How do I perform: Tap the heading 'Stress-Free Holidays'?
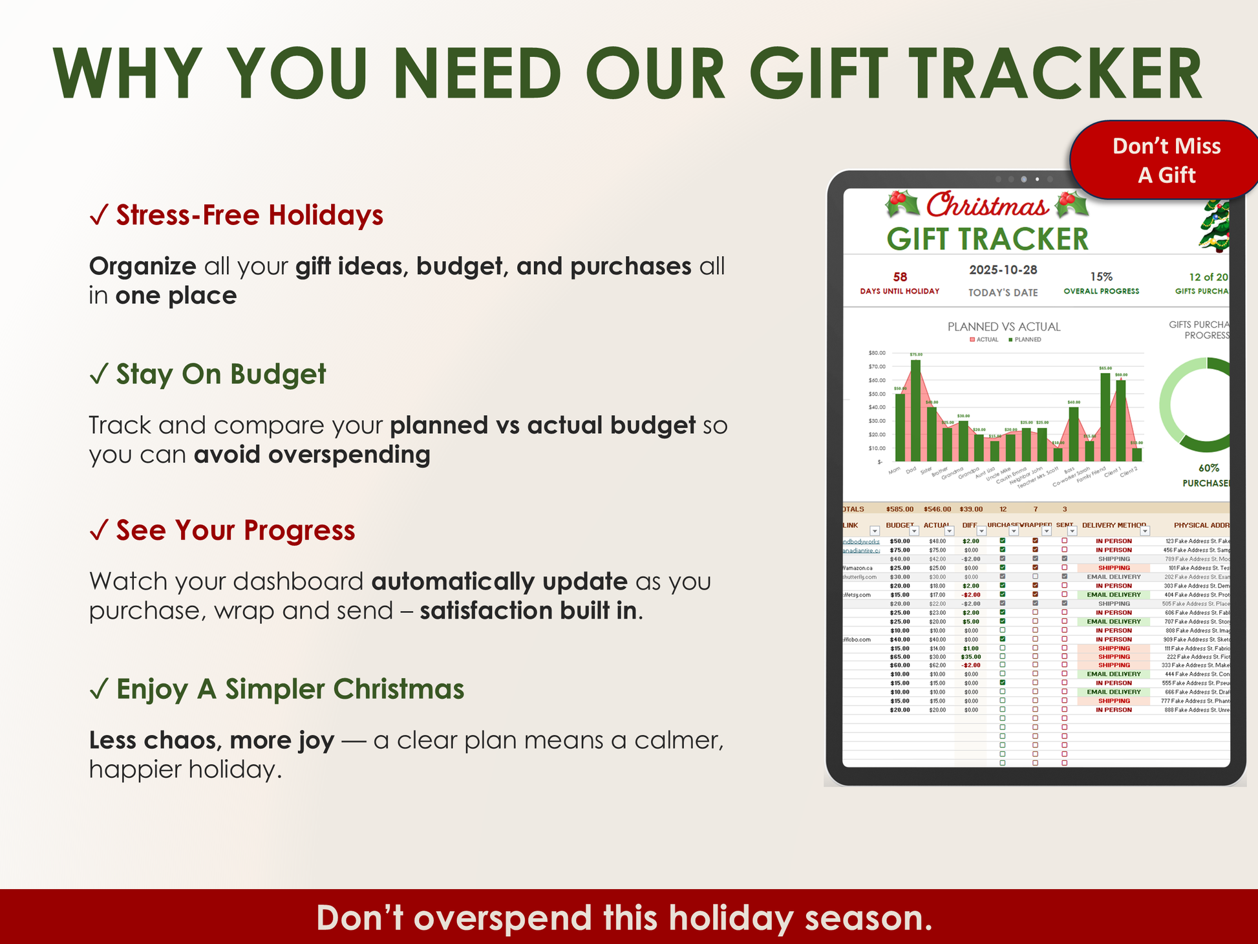click(250, 215)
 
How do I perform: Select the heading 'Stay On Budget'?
click(221, 374)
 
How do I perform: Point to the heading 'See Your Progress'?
click(235, 530)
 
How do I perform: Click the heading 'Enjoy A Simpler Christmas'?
click(290, 689)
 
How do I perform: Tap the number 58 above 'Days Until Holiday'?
click(900, 277)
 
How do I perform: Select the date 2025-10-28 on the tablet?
click(1003, 270)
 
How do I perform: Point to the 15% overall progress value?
click(1101, 277)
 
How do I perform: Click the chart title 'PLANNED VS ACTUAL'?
click(1004, 327)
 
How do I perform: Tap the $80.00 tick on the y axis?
click(877, 353)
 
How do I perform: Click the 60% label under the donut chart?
click(1208, 468)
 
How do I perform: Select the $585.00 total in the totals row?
click(900, 510)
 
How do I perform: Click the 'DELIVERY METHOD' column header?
click(1114, 526)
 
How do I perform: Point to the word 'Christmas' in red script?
click(987, 206)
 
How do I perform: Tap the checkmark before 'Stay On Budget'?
click(99, 374)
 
